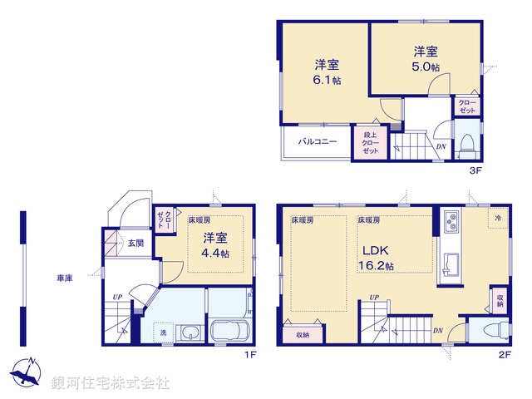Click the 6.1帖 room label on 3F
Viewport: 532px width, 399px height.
[x=326, y=72]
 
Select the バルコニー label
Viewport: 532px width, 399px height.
[x=318, y=142]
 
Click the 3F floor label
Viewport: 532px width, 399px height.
[x=475, y=171]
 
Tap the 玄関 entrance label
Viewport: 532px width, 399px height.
[x=135, y=243]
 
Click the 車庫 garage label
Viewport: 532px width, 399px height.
[x=63, y=278]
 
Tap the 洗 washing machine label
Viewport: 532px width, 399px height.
[x=164, y=334]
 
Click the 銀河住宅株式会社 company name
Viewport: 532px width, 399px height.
[x=111, y=383]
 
